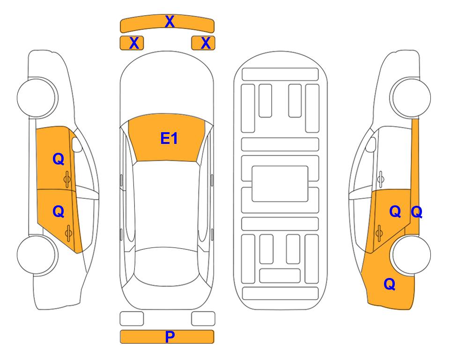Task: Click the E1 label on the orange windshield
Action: click(x=169, y=138)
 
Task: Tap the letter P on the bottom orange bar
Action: click(x=170, y=337)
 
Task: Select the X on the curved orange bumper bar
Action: click(x=170, y=21)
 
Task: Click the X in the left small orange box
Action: click(x=134, y=43)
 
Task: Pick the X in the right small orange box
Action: click(x=206, y=43)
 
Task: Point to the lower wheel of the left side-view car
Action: click(x=36, y=255)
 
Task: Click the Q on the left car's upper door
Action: click(x=59, y=159)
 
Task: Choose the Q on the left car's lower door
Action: click(x=59, y=212)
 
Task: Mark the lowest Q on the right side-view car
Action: click(x=390, y=284)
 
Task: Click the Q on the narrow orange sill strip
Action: click(x=416, y=212)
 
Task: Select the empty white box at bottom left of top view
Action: click(x=132, y=319)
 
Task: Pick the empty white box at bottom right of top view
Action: click(x=203, y=319)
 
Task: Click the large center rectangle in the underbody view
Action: click(x=280, y=184)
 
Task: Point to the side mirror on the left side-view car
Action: click(x=76, y=144)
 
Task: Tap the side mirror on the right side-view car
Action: click(x=371, y=144)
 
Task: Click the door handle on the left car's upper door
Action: click(x=67, y=179)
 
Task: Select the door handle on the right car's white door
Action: click(x=381, y=179)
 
